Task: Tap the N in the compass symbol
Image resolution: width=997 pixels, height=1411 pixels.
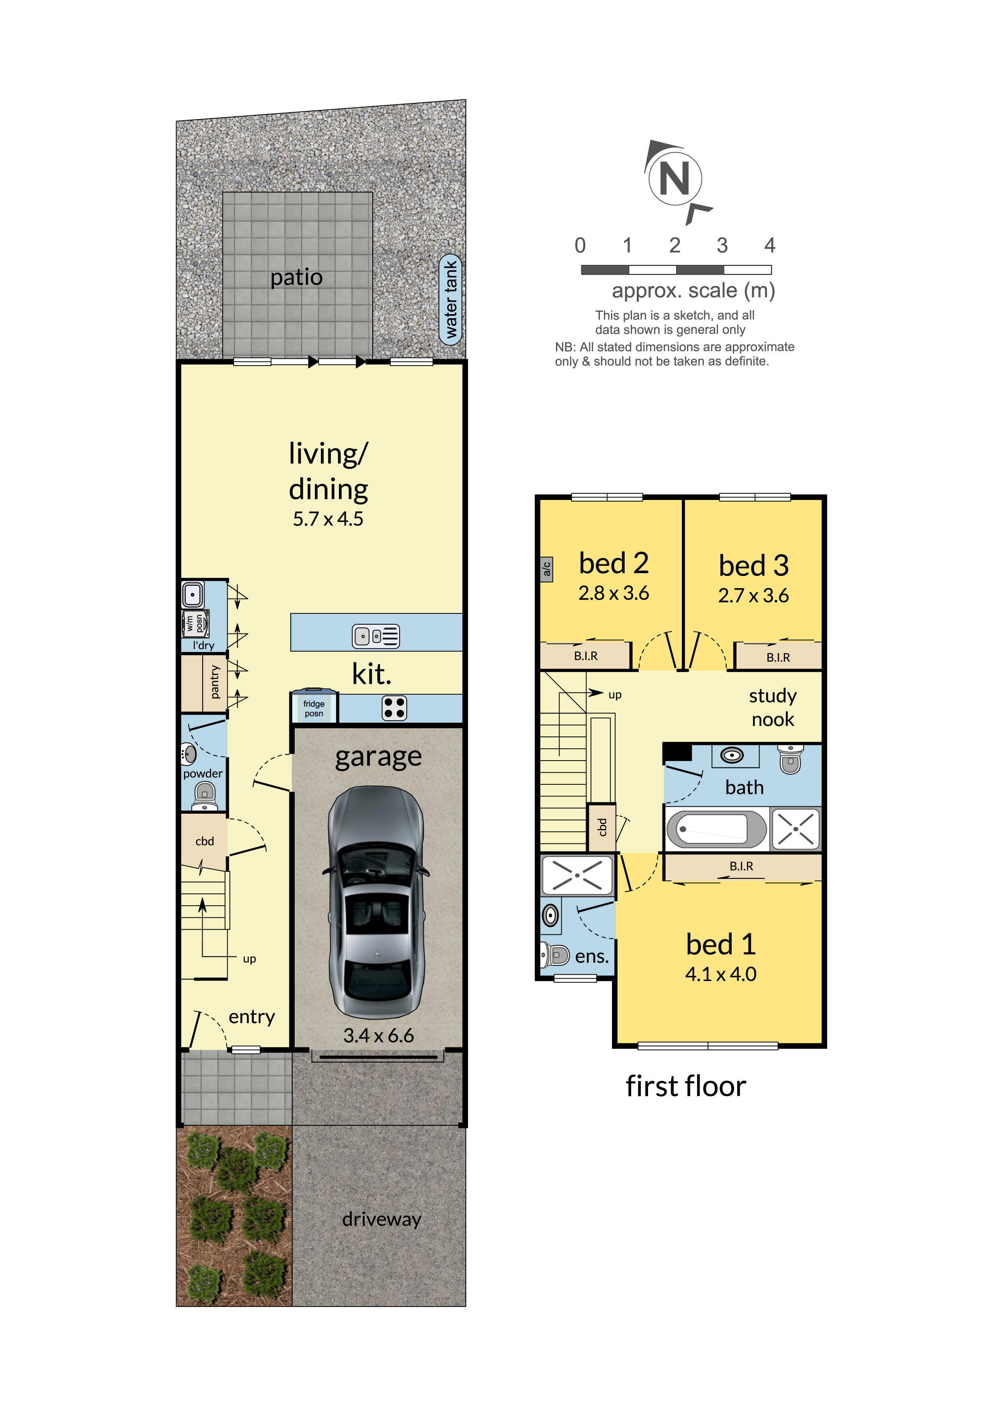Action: [675, 179]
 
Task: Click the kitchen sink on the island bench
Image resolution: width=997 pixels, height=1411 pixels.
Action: [375, 636]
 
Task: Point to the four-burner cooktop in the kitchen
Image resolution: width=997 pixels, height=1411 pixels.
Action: [394, 708]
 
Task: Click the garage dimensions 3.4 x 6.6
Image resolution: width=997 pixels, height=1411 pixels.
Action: [378, 1035]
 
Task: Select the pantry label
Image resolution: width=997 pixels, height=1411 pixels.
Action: [214, 682]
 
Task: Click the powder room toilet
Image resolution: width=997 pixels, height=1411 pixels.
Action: [205, 796]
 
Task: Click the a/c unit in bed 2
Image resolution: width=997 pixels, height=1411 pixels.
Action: [546, 569]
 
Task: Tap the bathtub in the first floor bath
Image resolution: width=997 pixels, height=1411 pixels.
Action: [715, 829]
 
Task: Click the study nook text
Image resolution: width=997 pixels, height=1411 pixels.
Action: [772, 708]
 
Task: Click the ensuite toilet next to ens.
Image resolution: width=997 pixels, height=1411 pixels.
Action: [556, 955]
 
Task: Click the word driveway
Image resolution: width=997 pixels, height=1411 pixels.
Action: [382, 1219]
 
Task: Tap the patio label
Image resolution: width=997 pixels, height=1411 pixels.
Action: [297, 277]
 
